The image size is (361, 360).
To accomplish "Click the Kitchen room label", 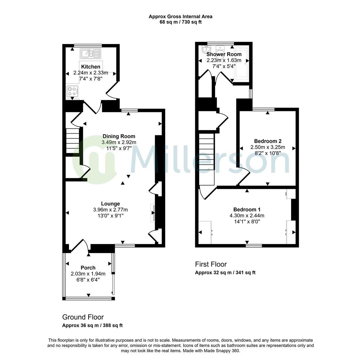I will click(91, 67).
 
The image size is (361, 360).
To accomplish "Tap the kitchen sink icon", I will click(90, 53).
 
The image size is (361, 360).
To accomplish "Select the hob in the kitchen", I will click(73, 91).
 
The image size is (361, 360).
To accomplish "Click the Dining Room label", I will click(119, 136).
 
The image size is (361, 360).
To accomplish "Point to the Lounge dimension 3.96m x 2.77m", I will click(111, 210).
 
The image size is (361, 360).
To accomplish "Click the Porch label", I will click(88, 268).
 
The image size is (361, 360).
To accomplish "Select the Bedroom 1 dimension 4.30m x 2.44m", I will click(247, 215).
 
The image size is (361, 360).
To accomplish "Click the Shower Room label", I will click(224, 54).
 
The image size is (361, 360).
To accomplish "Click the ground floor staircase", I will click(72, 141).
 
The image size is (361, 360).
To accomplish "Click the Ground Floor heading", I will click(83, 317).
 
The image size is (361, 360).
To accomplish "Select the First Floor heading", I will click(211, 264).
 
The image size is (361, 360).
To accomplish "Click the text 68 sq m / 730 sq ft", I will click(180, 22).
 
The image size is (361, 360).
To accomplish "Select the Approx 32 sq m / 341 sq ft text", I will click(225, 272).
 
